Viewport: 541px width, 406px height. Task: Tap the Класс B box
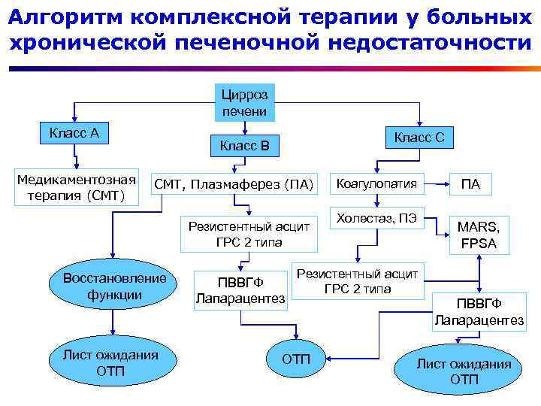coord(244,144)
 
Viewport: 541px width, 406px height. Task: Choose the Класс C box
coord(419,137)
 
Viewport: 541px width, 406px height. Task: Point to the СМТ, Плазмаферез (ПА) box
coord(233,184)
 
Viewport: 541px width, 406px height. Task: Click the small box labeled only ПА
coord(470,184)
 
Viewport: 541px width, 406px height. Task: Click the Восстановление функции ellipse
coord(114,286)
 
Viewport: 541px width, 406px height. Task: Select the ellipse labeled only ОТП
coord(295,359)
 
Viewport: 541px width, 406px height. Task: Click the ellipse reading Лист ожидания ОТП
coord(464,371)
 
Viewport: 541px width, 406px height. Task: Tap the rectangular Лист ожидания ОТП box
coord(111,363)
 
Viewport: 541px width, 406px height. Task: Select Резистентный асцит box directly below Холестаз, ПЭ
coord(357,280)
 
